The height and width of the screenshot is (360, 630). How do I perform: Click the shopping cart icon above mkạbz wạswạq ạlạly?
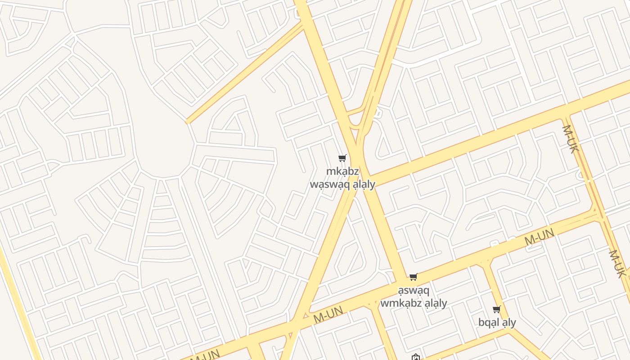point(342,158)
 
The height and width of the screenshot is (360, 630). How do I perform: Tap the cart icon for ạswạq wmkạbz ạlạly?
point(413,277)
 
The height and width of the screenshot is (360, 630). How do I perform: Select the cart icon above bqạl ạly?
point(497,309)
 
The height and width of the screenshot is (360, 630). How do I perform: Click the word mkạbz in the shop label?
point(342,171)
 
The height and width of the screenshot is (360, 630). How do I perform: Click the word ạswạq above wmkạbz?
point(414,290)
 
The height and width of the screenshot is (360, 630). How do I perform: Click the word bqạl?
point(489,322)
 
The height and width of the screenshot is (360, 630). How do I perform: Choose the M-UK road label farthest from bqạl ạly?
point(570,139)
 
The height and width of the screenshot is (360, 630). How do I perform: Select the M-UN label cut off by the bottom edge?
point(205,355)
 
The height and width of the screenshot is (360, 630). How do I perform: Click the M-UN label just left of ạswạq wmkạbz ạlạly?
point(328,315)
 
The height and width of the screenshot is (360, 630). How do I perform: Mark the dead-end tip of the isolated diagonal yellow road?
point(188,121)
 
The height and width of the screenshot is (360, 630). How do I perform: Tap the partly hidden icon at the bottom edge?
point(416,357)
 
